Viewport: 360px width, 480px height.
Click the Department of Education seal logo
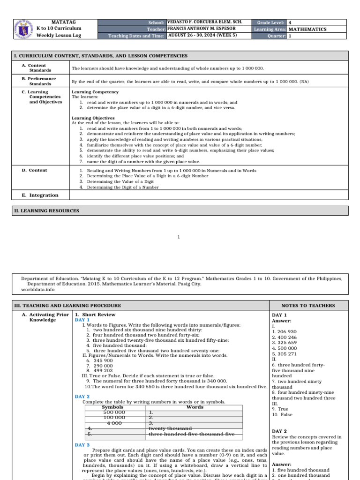[22, 29]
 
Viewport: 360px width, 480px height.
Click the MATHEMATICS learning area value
[307, 29]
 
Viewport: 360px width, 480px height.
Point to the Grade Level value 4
[290, 22]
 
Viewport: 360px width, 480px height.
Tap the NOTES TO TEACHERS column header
[308, 306]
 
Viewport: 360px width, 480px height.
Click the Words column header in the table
[195, 407]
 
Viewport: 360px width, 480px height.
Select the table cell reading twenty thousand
[170, 428]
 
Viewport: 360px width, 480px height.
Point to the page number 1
[179, 237]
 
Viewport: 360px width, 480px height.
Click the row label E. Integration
[40, 195]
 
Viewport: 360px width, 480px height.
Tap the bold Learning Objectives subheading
[93, 118]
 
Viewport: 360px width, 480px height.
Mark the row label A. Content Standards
[37, 68]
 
